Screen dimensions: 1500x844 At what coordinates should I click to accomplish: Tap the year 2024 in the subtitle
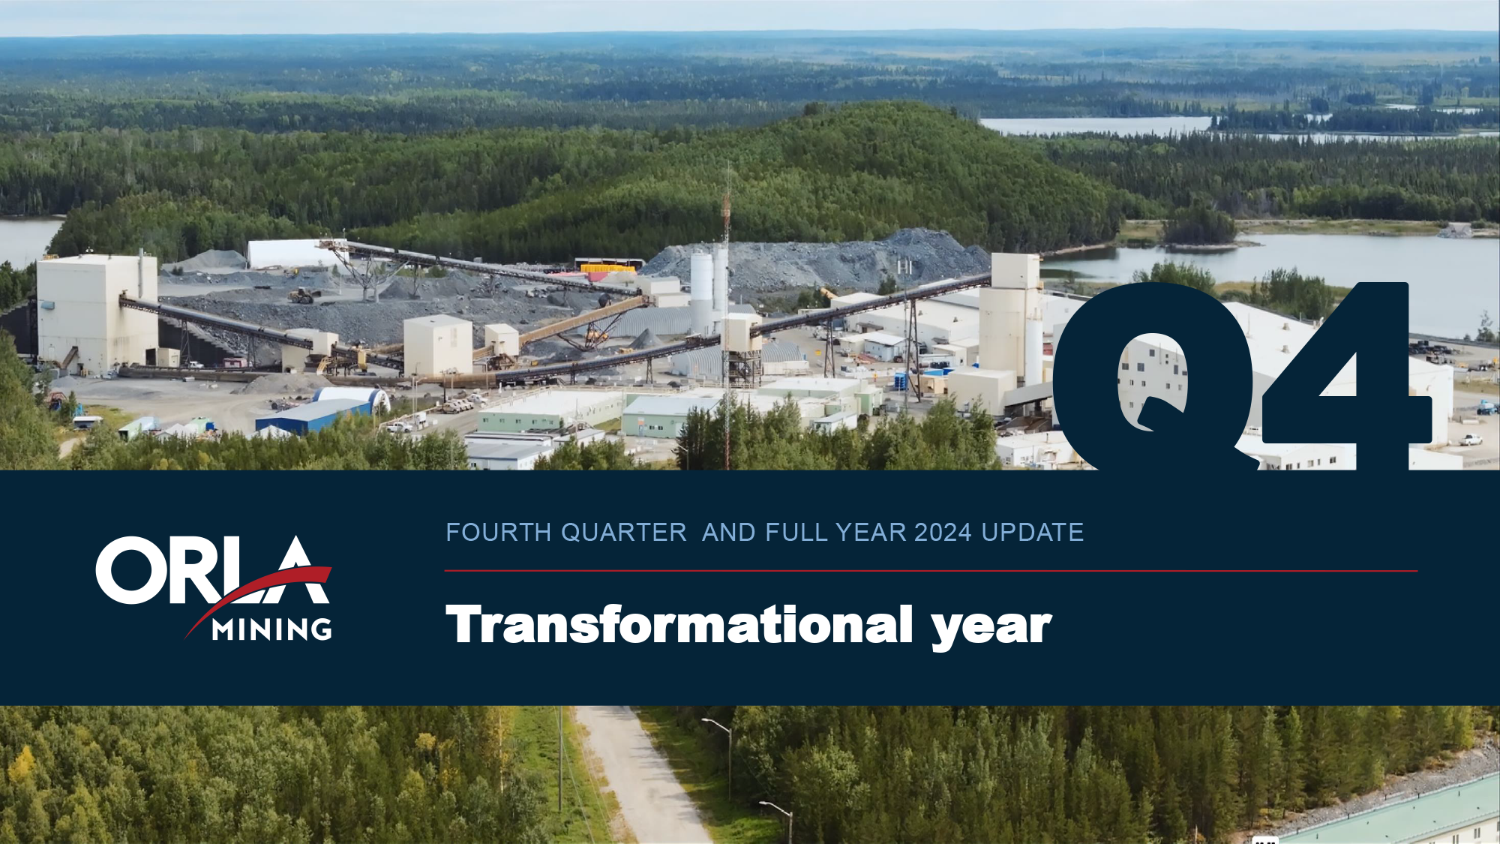(x=943, y=533)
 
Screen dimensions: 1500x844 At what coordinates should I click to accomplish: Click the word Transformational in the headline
(x=679, y=624)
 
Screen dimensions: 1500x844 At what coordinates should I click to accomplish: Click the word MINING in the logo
(x=272, y=629)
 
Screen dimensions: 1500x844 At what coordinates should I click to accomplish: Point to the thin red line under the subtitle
(x=931, y=571)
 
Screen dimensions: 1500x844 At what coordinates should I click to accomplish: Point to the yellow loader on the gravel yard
(x=301, y=296)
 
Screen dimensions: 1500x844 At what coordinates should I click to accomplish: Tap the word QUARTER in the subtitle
(x=624, y=533)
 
